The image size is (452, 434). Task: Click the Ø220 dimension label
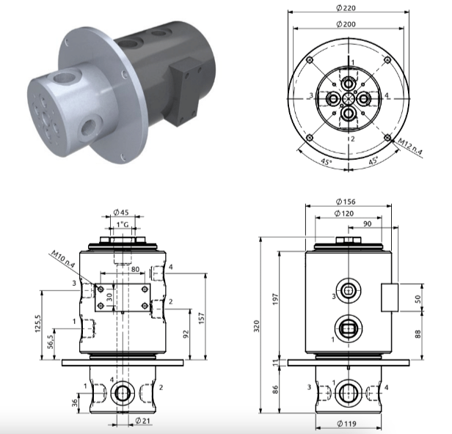(346, 8)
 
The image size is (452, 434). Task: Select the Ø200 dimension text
(346, 24)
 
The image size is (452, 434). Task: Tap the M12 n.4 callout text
(410, 147)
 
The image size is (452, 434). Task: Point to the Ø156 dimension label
(346, 202)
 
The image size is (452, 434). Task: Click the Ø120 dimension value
(344, 213)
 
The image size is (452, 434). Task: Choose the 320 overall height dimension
(257, 325)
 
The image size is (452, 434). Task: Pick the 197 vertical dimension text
(276, 299)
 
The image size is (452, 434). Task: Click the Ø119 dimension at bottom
(346, 424)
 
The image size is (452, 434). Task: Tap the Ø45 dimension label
(121, 213)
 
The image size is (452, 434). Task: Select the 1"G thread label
(123, 224)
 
